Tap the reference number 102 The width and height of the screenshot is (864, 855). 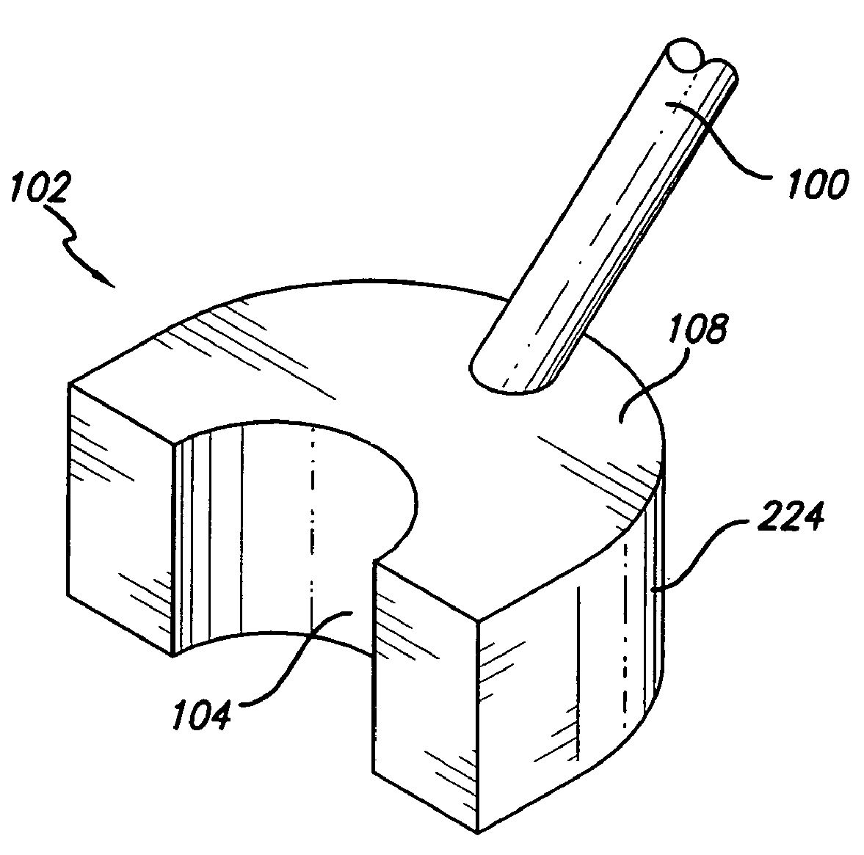click(41, 188)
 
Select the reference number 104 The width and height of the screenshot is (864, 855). click(201, 715)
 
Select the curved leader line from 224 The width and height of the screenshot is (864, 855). click(700, 551)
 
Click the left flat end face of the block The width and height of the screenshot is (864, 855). click(120, 518)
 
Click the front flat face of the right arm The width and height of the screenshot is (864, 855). click(424, 694)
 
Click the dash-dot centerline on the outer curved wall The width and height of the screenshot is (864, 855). click(625, 633)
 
